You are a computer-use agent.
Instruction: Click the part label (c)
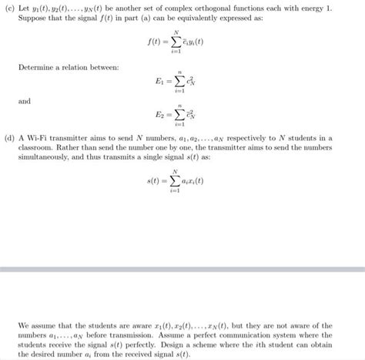pyautogui.click(x=10, y=6)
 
